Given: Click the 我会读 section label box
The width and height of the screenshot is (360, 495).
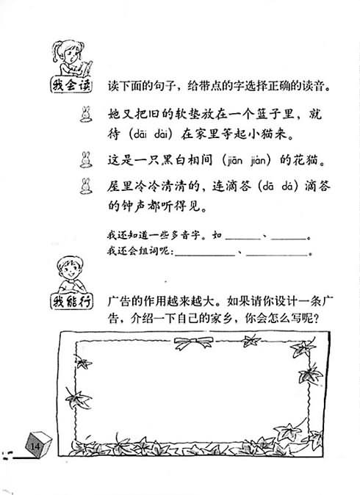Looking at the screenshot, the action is (71, 85).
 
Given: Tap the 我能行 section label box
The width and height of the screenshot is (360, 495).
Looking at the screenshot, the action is (71, 302).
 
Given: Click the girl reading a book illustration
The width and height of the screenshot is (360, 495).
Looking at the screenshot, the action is (72, 58).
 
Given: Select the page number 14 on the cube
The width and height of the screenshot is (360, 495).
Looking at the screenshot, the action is (35, 447).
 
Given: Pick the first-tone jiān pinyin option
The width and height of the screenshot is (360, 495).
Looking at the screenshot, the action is (234, 161).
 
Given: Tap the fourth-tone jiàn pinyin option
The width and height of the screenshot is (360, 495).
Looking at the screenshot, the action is (259, 161).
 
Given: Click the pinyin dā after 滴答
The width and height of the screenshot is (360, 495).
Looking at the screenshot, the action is (268, 187).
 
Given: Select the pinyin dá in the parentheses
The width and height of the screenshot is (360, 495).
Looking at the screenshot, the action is (288, 187).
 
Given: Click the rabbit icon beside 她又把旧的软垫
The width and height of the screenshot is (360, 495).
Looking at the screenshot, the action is (85, 115).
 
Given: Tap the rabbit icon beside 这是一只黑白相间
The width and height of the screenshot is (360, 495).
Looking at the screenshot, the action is (85, 159).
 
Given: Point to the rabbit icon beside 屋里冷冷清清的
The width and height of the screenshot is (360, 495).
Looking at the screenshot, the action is (85, 186).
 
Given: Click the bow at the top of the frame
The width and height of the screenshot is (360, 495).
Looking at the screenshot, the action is (193, 342).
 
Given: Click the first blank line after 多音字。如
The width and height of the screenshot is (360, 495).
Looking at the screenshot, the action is (243, 239).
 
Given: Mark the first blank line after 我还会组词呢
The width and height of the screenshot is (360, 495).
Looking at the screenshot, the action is (205, 255).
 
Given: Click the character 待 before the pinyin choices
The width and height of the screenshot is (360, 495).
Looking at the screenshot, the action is (114, 134).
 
